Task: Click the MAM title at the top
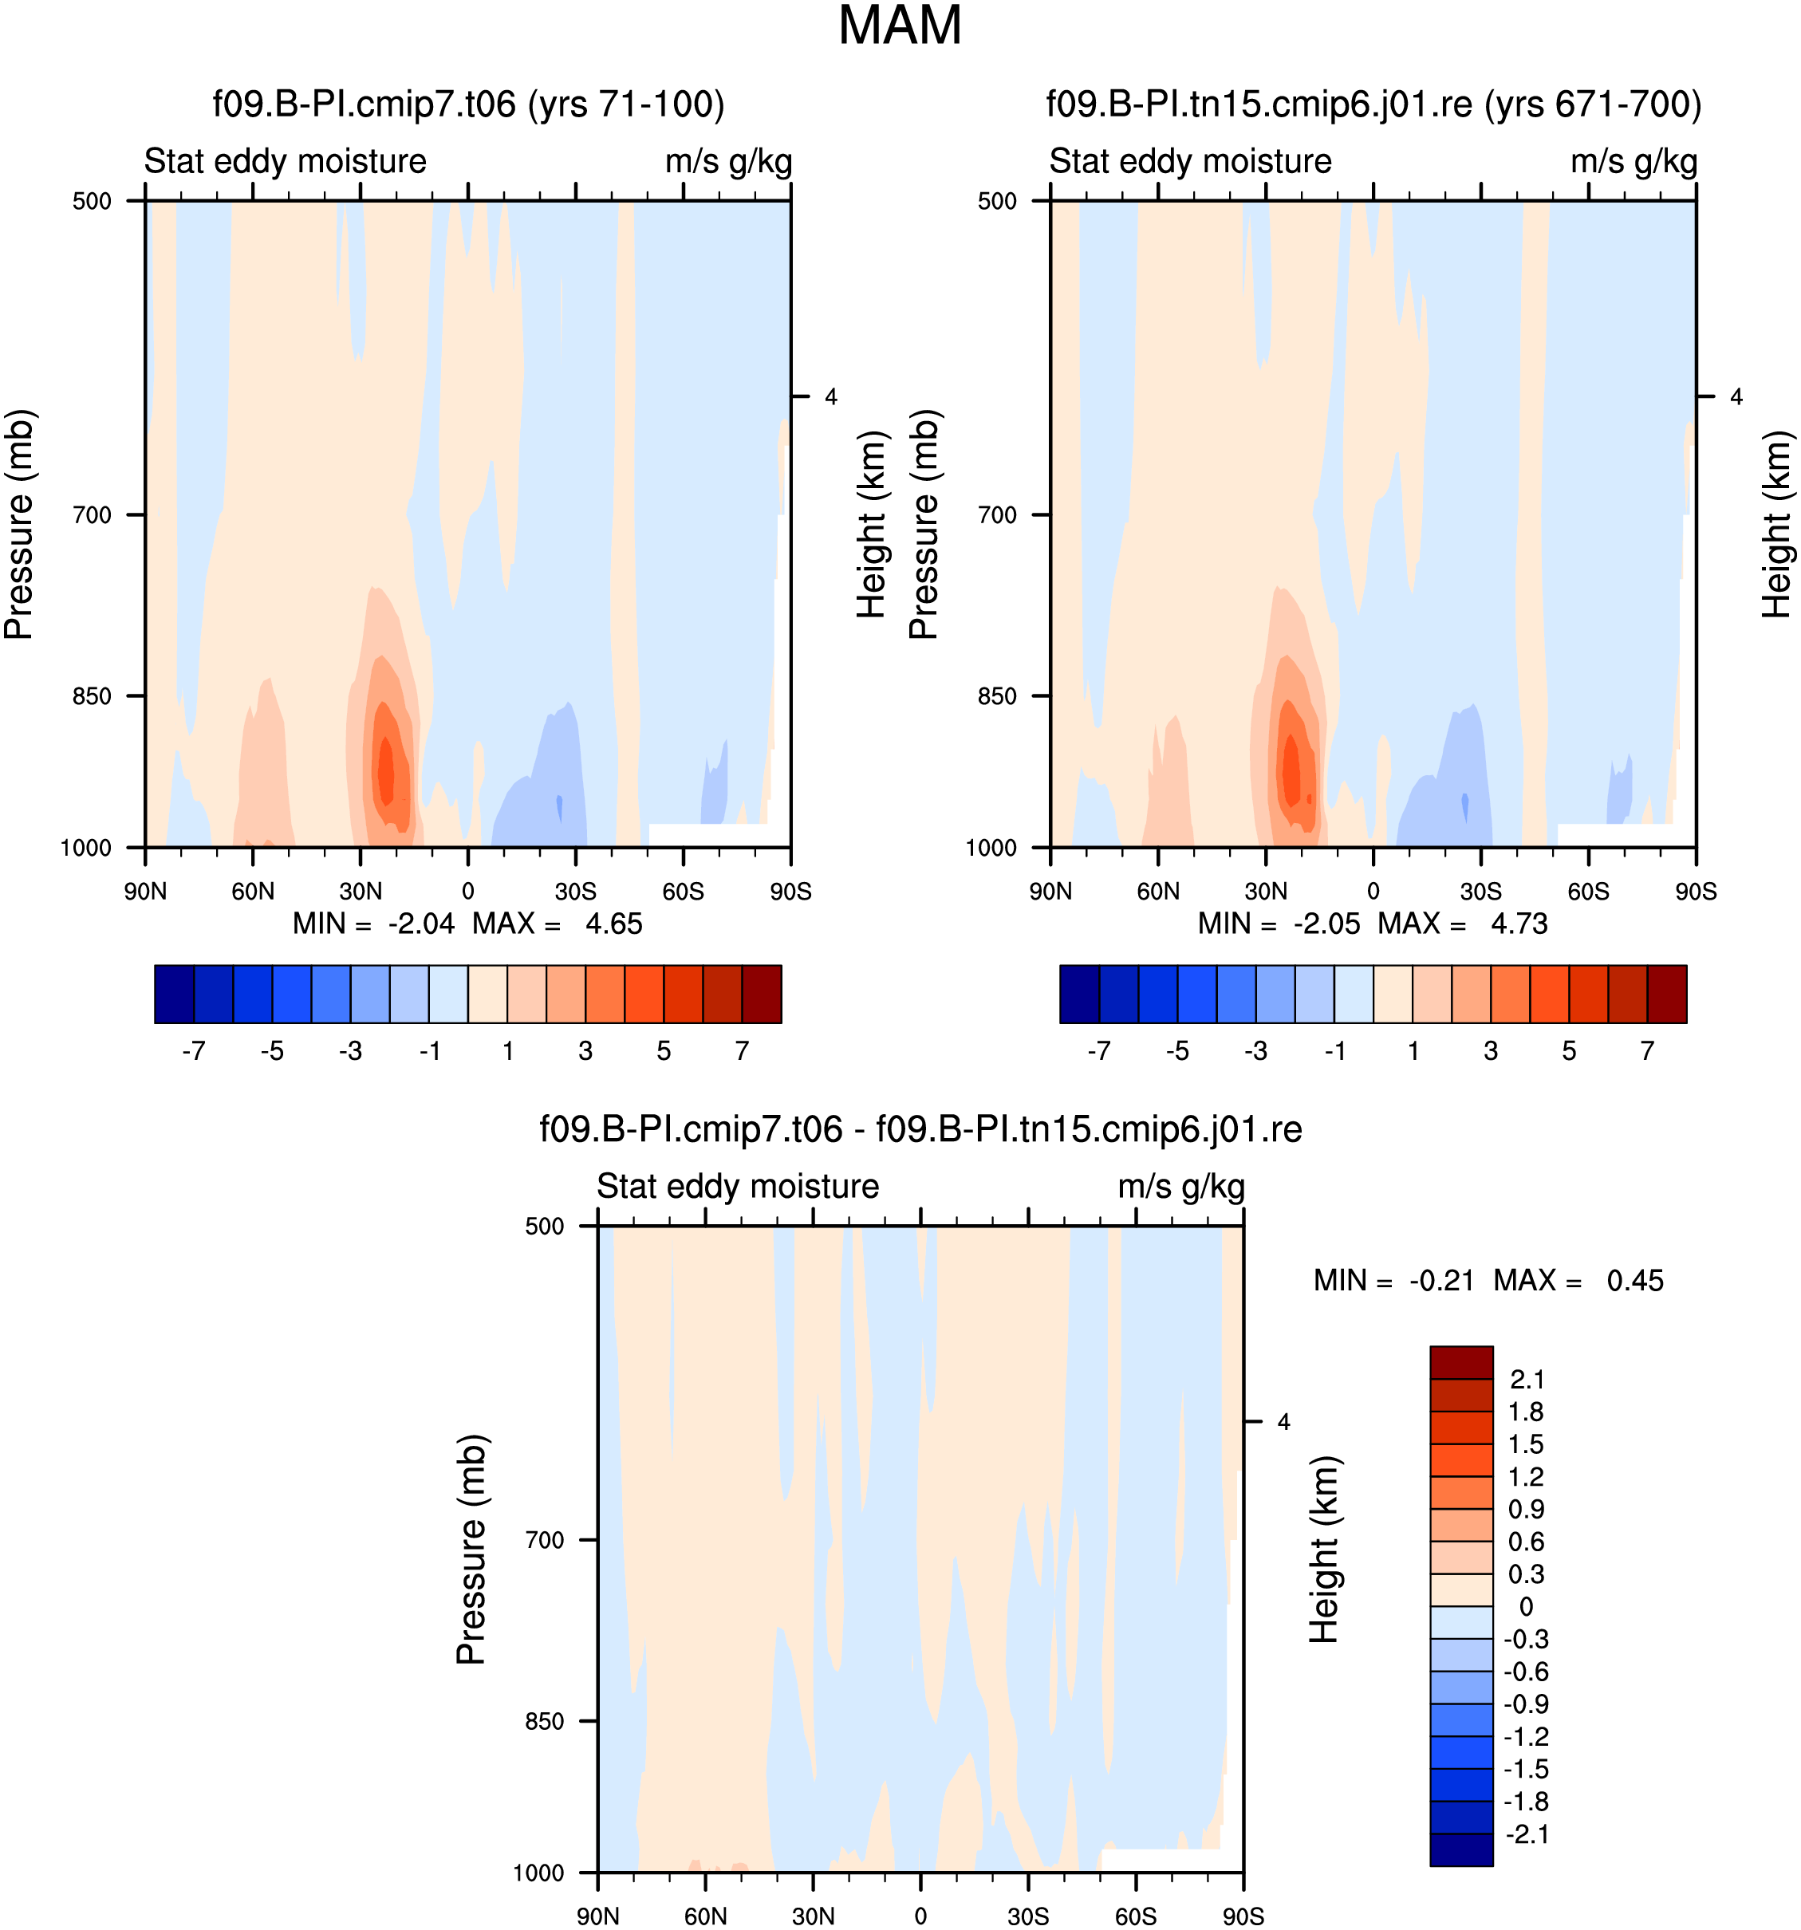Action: click(x=899, y=26)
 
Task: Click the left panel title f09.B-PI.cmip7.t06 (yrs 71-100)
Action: click(x=468, y=104)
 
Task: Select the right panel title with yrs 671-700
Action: click(x=1373, y=104)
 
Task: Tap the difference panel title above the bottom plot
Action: click(x=920, y=1129)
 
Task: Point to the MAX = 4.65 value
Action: click(x=558, y=924)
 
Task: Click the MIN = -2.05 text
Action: click(x=1279, y=924)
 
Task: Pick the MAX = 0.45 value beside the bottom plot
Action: click(x=1578, y=1281)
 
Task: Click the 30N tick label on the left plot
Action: click(x=361, y=891)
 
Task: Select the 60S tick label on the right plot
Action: click(x=1588, y=891)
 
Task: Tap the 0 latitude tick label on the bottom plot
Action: click(x=920, y=1916)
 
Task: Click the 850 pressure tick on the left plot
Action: click(x=93, y=696)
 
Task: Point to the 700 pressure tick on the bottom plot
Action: click(x=545, y=1540)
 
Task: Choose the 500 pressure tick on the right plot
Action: click(x=997, y=201)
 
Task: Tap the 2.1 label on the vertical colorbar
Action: click(x=1527, y=1380)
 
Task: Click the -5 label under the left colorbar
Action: click(x=272, y=1051)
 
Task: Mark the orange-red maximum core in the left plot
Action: click(x=385, y=770)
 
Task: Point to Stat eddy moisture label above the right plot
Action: click(x=1190, y=161)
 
